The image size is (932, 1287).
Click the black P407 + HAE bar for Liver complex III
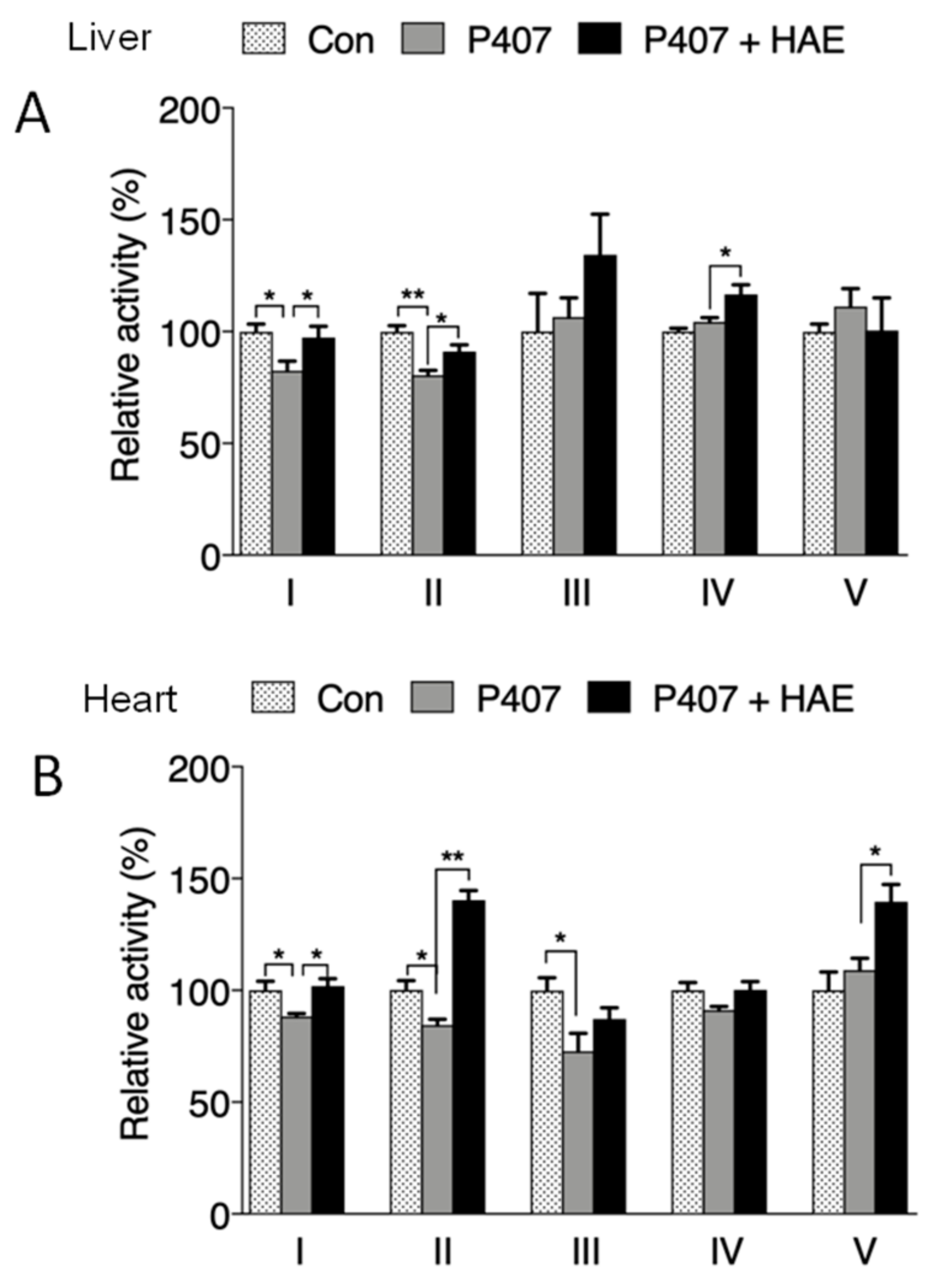pyautogui.click(x=599, y=406)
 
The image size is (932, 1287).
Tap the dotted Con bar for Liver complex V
pyautogui.click(x=818, y=443)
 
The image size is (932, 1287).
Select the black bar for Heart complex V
pyautogui.click(x=891, y=1058)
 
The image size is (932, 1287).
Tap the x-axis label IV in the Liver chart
pyautogui.click(x=717, y=594)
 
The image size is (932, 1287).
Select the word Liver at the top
pyautogui.click(x=109, y=38)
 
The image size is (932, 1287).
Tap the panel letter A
pyautogui.click(x=32, y=116)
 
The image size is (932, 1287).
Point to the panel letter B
pyautogui.click(x=47, y=776)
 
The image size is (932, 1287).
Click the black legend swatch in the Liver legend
pyautogui.click(x=599, y=39)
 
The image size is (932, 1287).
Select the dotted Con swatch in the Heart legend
pyautogui.click(x=272, y=698)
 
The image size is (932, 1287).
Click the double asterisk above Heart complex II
pyautogui.click(x=453, y=856)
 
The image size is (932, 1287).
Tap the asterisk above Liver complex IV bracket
pyautogui.click(x=725, y=252)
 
